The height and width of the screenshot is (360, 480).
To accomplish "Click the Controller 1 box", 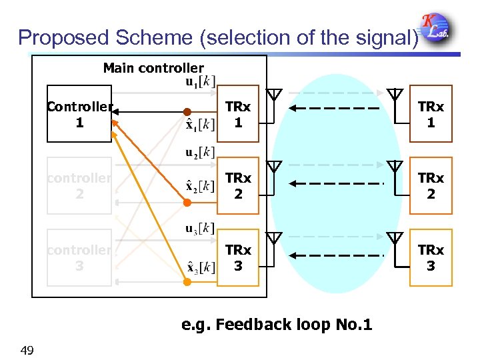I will tap(79, 114).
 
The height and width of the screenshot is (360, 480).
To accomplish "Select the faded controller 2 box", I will tap(79, 185).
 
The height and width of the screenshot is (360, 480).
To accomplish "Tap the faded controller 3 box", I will tap(79, 257).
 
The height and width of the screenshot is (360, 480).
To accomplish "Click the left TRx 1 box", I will tap(237, 114).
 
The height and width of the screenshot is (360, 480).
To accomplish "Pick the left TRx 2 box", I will tap(237, 185).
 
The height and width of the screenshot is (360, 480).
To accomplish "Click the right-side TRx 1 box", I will tap(431, 114).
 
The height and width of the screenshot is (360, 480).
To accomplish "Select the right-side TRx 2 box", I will tap(431, 185).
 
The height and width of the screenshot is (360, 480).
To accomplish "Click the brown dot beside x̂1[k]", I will tap(188, 111).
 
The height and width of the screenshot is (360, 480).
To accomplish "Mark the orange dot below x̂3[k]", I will tap(187, 282).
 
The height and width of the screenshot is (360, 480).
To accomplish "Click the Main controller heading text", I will tap(153, 68).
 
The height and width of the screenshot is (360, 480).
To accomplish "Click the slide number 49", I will tap(27, 351).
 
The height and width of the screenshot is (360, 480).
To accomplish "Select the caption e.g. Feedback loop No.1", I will tap(277, 325).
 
